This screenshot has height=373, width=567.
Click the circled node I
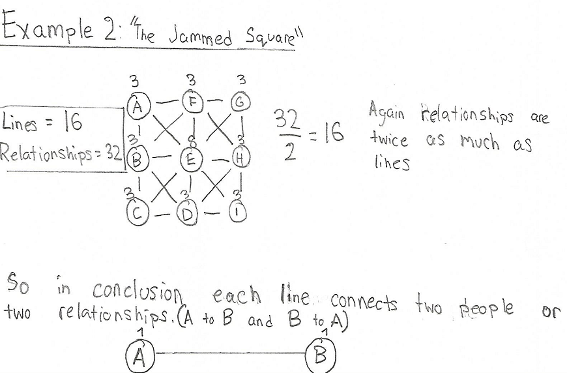pyautogui.click(x=238, y=213)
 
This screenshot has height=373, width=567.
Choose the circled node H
pyautogui.click(x=241, y=158)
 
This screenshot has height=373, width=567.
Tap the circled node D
pyautogui.click(x=186, y=214)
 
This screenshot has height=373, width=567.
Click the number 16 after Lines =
pyautogui.click(x=73, y=121)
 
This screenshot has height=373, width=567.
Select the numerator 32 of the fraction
pyautogui.click(x=287, y=119)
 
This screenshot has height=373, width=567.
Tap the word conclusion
pyautogui.click(x=137, y=291)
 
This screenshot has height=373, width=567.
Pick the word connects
pyautogui.click(x=364, y=303)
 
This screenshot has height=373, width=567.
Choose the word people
pyautogui.click(x=486, y=309)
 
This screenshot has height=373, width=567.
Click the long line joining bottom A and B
pyautogui.click(x=230, y=353)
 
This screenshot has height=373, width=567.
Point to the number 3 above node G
pyautogui.click(x=242, y=80)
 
